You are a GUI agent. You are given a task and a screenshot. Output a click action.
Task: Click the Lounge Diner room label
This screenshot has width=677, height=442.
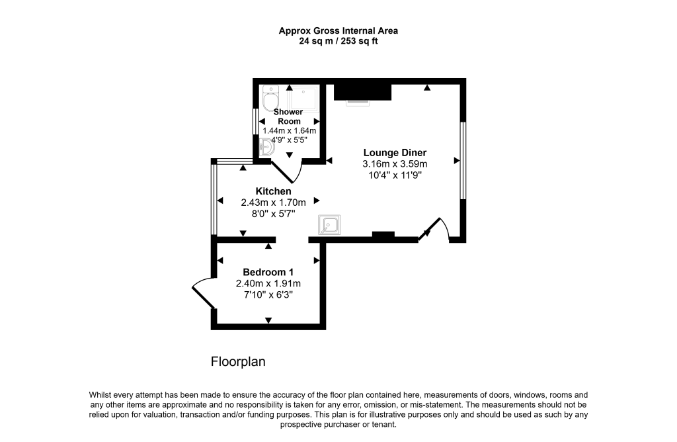394,152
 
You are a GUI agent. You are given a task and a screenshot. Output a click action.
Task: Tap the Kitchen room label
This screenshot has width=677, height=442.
273,191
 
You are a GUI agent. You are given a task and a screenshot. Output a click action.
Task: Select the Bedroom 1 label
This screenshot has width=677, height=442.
268,272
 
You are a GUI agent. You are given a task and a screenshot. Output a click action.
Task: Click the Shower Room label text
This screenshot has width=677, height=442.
288,116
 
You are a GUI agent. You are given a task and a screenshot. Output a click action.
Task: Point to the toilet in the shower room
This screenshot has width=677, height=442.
270,99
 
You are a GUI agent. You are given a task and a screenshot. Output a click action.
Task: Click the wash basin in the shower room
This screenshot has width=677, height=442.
267,148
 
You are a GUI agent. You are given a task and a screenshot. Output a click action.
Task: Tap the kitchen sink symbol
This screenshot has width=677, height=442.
329,226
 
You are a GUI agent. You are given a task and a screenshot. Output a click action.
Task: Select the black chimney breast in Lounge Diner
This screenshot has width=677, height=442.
362,91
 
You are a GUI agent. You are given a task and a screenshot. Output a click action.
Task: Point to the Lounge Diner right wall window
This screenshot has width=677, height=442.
463,160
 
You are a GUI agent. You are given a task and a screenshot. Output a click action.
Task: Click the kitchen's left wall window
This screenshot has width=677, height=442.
214,199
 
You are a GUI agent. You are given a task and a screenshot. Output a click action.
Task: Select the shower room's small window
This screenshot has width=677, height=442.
256,121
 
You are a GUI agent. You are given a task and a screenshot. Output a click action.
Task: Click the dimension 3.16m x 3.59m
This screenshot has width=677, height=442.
394,164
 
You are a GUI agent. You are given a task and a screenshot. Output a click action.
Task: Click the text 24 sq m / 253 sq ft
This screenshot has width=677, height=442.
338,41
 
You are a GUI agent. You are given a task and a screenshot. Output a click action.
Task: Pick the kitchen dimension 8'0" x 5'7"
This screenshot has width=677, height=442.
273,214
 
